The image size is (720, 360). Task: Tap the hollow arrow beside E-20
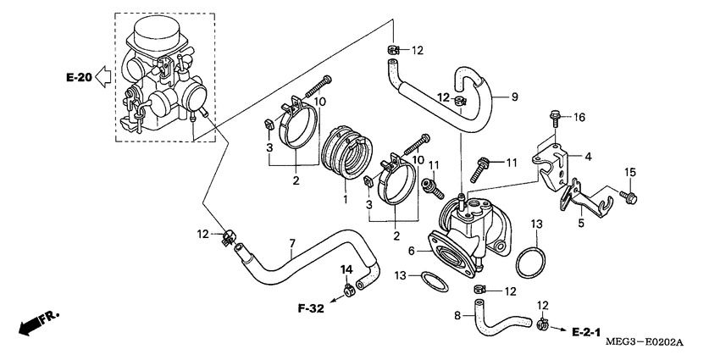[102, 78]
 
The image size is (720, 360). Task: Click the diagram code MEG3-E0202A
[644, 343]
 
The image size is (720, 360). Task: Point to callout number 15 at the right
[629, 173]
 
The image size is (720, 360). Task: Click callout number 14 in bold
[346, 269]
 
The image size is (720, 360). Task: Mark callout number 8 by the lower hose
[458, 315]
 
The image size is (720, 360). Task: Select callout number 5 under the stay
[581, 224]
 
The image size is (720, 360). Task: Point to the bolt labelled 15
[630, 197]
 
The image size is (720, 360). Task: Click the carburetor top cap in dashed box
[157, 32]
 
